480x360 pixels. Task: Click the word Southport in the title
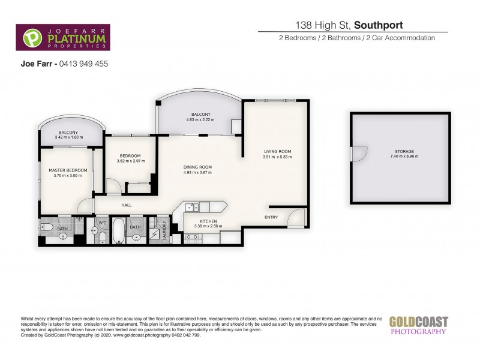tap(378, 25)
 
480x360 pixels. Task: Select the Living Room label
tap(277, 151)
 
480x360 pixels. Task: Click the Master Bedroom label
tap(68, 170)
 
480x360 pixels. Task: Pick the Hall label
tap(127, 205)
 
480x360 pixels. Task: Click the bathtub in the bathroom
tap(118, 231)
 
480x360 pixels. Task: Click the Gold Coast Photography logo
tap(418, 325)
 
